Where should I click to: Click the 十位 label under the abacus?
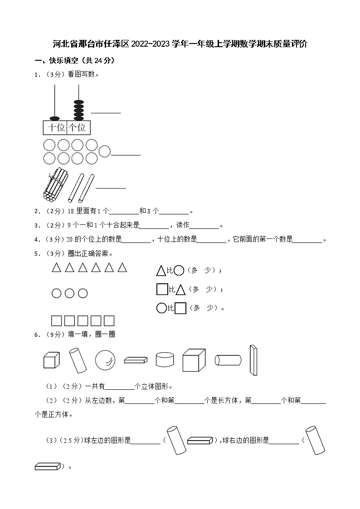click(x=56, y=128)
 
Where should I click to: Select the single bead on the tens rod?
click(x=55, y=118)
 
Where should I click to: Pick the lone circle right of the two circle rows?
click(x=105, y=151)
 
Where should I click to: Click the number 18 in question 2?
click(x=71, y=211)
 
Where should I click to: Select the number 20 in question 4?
click(x=71, y=240)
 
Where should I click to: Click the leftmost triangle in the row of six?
click(x=56, y=268)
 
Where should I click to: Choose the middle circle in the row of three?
click(x=69, y=294)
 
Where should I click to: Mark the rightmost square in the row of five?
click(x=109, y=321)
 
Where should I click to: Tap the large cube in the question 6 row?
click(x=194, y=360)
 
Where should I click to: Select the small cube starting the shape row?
click(x=51, y=360)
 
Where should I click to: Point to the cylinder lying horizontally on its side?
click(x=228, y=360)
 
